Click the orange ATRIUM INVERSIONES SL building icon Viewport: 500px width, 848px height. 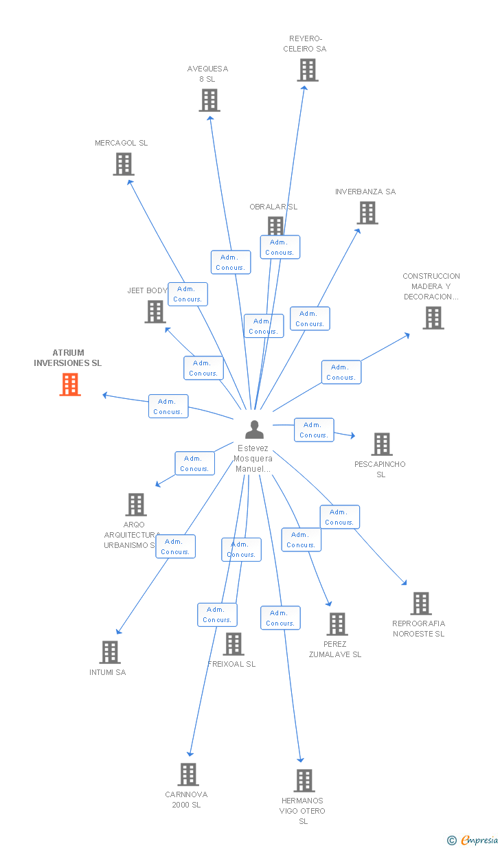[x=70, y=385]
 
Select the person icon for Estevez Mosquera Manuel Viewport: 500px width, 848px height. [x=255, y=430]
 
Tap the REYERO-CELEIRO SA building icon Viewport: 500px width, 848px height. [x=308, y=70]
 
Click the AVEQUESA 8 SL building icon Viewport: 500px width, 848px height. [x=209, y=100]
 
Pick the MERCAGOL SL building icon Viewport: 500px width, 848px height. [x=124, y=164]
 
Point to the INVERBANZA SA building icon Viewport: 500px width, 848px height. [x=367, y=213]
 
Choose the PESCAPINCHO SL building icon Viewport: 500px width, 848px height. [x=382, y=444]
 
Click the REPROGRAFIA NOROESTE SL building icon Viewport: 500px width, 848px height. [x=421, y=604]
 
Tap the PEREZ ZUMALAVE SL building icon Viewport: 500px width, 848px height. [x=337, y=624]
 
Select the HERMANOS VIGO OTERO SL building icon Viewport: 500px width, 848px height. [x=304, y=781]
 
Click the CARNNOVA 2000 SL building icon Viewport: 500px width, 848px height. [x=188, y=775]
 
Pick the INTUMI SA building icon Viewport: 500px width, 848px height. [x=110, y=652]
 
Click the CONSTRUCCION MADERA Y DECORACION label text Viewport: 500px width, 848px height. [x=431, y=286]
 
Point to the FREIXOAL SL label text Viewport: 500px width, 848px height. [x=231, y=664]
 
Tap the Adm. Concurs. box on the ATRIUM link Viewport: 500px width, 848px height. [x=168, y=406]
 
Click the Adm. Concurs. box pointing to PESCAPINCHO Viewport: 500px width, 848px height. [x=314, y=430]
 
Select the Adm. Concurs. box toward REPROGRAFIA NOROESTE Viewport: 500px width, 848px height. [x=339, y=517]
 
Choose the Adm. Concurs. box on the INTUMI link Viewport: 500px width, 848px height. [x=176, y=547]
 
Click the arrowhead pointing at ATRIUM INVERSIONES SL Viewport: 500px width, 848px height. [x=105, y=395]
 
